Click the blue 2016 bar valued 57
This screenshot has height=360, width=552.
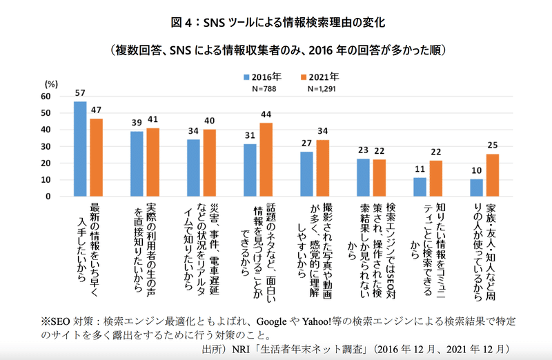pos(80,149)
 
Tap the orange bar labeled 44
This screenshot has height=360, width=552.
pos(266,159)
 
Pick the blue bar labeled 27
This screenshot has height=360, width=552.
pos(306,174)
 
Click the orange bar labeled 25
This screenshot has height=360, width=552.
pos(492,175)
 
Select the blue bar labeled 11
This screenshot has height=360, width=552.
pos(420,187)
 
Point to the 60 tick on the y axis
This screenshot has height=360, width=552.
pos(46,97)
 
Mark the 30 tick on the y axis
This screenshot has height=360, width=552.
pos(46,147)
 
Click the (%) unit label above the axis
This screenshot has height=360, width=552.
pos(50,83)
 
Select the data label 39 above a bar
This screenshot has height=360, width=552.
pos(137,121)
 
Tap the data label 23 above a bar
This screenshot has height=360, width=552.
pos(363,149)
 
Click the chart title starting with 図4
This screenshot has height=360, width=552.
pos(275,23)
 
